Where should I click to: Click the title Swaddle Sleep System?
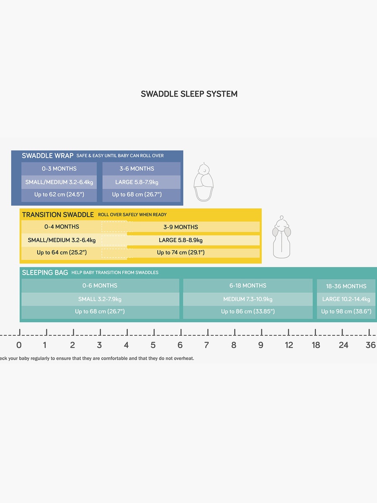pyautogui.click(x=189, y=94)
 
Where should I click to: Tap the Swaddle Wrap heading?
pyautogui.click(x=48, y=156)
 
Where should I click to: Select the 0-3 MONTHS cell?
pyautogui.click(x=59, y=169)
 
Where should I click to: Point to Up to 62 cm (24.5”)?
pyautogui.click(x=59, y=194)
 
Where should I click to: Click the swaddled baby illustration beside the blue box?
pyautogui.click(x=204, y=182)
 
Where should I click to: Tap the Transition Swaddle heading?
pyautogui.click(x=58, y=215)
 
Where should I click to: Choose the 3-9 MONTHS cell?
pyautogui.click(x=181, y=227)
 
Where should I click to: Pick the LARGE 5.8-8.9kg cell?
pyautogui.click(x=181, y=240)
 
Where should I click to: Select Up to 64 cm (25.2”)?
pyautogui.click(x=62, y=252)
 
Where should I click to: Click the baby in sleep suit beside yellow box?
pyautogui.click(x=281, y=237)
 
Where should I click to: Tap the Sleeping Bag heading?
pyautogui.click(x=45, y=272)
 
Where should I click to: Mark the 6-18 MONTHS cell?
pyautogui.click(x=248, y=285)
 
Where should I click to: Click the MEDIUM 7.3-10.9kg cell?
pyautogui.click(x=248, y=299)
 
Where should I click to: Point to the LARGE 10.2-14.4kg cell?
pyautogui.click(x=346, y=299)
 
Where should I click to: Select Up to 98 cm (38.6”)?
pyautogui.click(x=346, y=311)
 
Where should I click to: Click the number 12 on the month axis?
pyautogui.click(x=289, y=345)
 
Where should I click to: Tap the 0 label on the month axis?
pyautogui.click(x=19, y=345)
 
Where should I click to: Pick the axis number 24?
pyautogui.click(x=343, y=345)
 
